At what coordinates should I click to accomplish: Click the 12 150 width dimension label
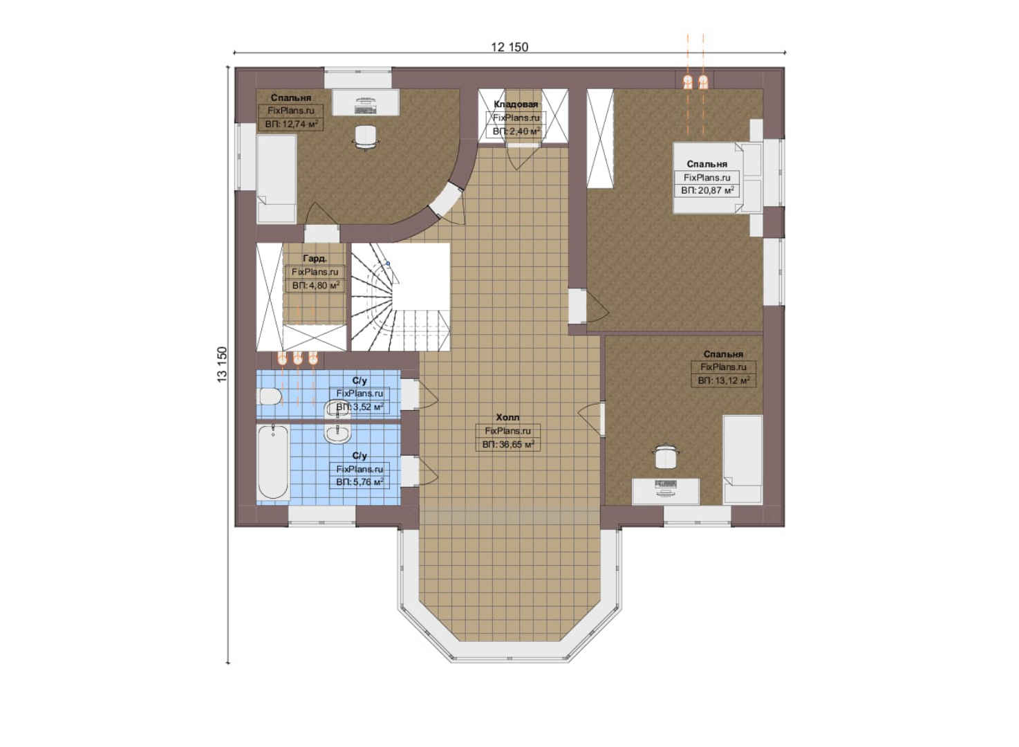(509, 47)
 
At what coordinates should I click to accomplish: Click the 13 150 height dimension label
(221, 365)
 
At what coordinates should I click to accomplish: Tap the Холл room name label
(507, 418)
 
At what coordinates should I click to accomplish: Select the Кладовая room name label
(516, 104)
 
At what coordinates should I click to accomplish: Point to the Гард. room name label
(315, 259)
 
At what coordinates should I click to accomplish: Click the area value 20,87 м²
(708, 190)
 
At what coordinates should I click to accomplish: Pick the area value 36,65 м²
(508, 444)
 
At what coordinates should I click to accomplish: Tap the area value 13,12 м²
(724, 380)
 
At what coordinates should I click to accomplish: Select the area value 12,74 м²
(291, 124)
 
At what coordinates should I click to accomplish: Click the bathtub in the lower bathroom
(273, 462)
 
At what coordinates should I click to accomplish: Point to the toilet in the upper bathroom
(270, 396)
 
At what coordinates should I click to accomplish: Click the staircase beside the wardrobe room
(400, 297)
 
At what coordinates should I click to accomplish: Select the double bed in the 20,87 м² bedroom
(718, 178)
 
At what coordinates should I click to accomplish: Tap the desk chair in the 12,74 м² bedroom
(366, 136)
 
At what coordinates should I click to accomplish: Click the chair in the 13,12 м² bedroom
(666, 456)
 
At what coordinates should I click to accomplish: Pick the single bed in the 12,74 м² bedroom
(277, 179)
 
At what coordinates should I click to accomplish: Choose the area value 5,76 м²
(360, 481)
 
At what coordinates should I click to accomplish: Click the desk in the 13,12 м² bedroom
(666, 491)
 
